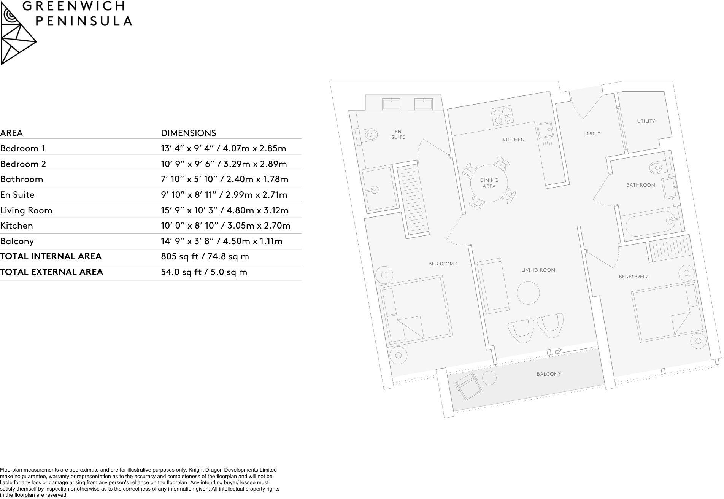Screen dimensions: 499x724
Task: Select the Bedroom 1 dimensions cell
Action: click(223, 148)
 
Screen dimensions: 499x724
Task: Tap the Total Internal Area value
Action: click(205, 257)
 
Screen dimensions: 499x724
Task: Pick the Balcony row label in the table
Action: click(17, 241)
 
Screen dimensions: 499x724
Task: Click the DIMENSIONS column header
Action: click(188, 133)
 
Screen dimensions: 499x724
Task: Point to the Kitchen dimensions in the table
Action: click(225, 226)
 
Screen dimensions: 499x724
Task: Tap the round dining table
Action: click(489, 183)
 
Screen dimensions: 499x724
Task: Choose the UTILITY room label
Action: click(646, 121)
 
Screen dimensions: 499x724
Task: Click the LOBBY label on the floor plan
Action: click(592, 133)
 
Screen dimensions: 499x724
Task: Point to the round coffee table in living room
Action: click(528, 292)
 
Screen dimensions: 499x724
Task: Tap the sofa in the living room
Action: click(493, 286)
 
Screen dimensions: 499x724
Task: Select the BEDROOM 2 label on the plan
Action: click(633, 277)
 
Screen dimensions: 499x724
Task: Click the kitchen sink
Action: click(545, 130)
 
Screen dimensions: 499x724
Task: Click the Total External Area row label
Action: click(52, 272)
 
